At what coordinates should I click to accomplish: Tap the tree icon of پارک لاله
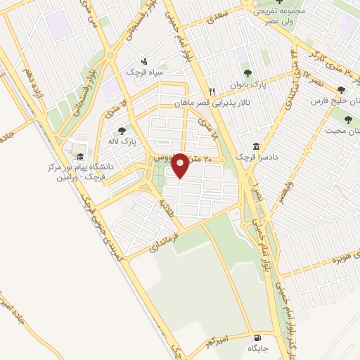tap(122, 130)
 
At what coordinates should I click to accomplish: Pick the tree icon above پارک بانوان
tap(247, 72)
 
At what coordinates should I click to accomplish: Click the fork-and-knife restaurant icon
tap(212, 91)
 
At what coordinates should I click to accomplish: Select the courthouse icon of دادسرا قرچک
tap(255, 146)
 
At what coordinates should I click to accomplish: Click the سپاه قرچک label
tap(143, 72)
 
